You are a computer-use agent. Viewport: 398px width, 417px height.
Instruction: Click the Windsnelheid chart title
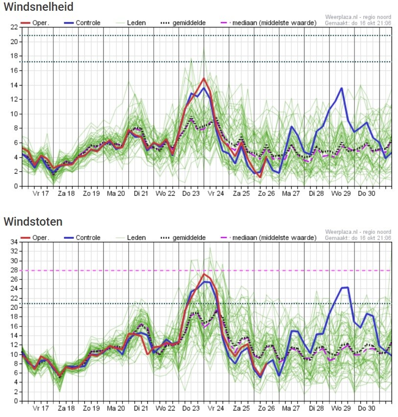tap(39, 7)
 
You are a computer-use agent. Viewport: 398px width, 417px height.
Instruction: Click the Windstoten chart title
tap(33, 222)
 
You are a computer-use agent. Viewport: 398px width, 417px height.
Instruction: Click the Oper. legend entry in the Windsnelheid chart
tap(35, 23)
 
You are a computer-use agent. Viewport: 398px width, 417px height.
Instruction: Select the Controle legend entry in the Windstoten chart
tap(82, 238)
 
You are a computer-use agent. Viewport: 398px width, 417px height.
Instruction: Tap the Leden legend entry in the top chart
tap(131, 23)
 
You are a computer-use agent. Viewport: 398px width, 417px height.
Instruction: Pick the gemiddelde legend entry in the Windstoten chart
tap(183, 238)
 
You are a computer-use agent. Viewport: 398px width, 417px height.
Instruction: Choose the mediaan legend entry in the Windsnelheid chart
tap(269, 23)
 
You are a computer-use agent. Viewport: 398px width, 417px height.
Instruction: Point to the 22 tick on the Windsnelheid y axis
tap(14, 27)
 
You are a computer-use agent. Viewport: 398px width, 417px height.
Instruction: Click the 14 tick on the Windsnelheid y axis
tap(14, 85)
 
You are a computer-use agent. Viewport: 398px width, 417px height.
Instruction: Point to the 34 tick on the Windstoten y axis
tap(14, 242)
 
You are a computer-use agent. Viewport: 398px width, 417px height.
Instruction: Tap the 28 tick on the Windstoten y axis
tap(14, 270)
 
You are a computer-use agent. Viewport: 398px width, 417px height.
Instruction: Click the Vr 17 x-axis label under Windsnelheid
tap(41, 193)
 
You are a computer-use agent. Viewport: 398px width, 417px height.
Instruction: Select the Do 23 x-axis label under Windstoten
tap(191, 408)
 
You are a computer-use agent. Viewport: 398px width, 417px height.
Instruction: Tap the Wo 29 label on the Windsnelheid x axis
tap(341, 193)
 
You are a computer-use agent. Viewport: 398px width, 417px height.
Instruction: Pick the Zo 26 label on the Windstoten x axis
tap(266, 408)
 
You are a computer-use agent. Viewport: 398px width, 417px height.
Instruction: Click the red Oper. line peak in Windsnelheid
tap(204, 78)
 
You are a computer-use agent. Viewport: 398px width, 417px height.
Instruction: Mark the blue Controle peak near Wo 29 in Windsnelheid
tap(342, 88)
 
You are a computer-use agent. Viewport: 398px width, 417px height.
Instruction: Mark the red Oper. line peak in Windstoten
tap(204, 274)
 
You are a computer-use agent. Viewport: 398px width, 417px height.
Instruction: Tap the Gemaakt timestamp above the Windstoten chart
tap(358, 238)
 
